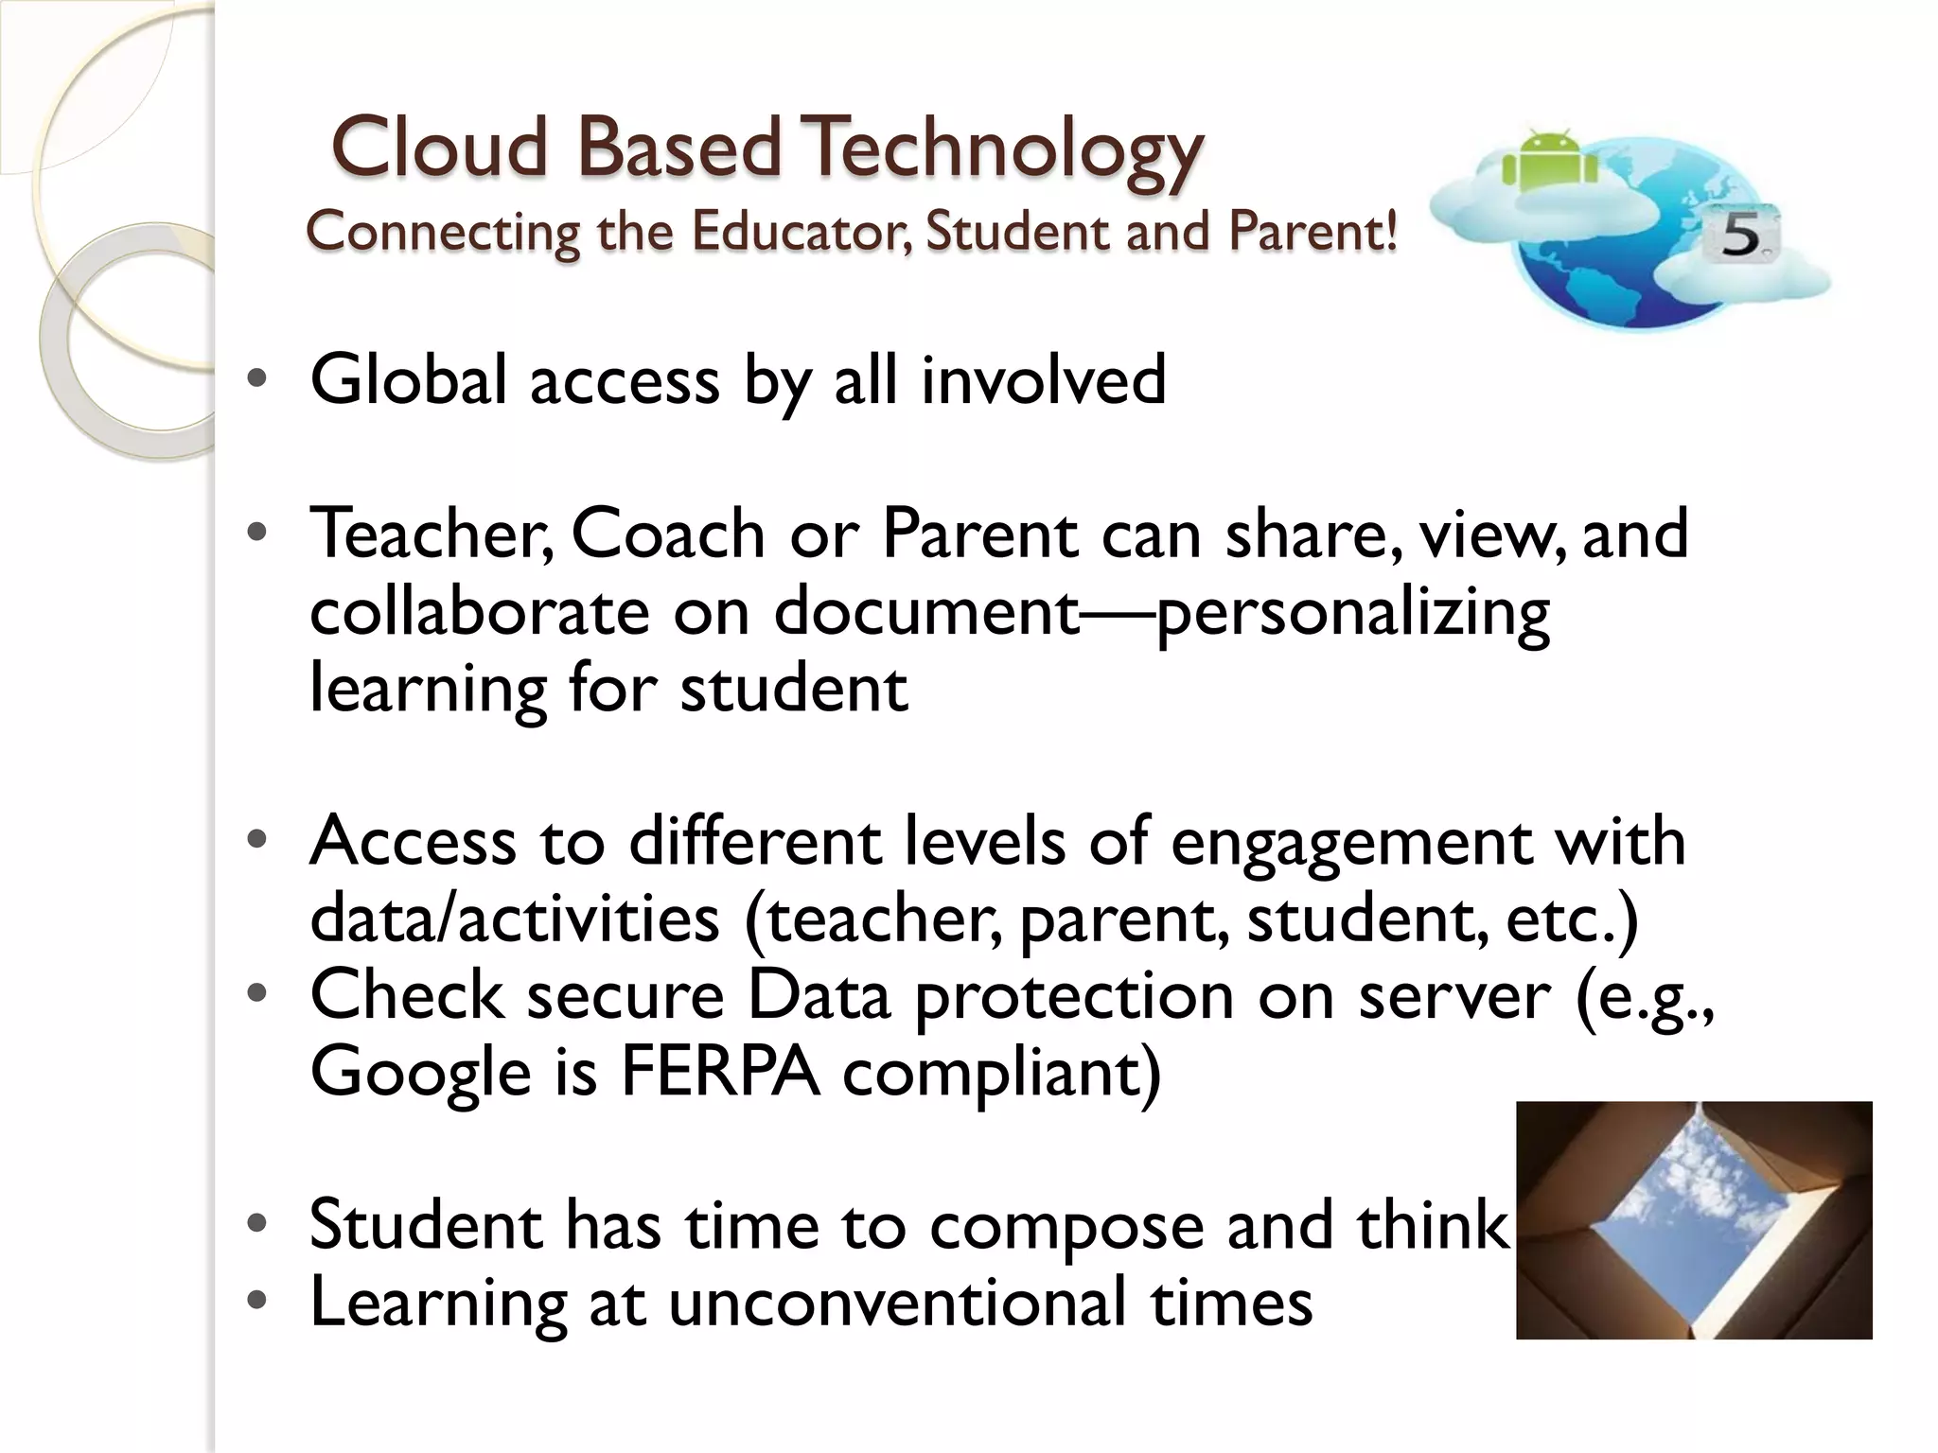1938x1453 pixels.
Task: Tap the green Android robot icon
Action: coord(1550,161)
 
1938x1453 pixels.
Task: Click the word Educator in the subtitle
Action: coord(802,232)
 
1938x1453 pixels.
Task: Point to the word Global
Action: coord(409,380)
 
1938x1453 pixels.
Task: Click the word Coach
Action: coord(668,534)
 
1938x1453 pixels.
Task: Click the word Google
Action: coord(420,1075)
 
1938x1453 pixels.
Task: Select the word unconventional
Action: coord(897,1304)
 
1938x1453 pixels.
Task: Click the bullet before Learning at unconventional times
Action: coord(256,1302)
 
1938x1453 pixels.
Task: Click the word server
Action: coord(1454,998)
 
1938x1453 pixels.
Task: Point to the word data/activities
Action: coord(514,919)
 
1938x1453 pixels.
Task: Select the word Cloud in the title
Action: coord(440,149)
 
